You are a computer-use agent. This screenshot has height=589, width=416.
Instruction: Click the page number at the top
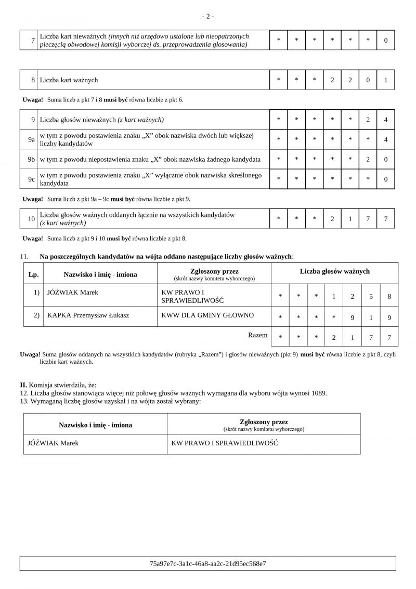(207, 16)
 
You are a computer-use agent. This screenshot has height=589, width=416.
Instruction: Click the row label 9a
(31, 139)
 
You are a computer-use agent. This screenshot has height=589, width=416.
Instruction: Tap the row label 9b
(31, 159)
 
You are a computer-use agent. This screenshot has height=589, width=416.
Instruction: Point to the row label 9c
(31, 179)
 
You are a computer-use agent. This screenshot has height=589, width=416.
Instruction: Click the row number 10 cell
(31, 219)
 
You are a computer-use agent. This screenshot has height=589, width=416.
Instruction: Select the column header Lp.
(34, 274)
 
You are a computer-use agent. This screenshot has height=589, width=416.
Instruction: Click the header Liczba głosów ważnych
(334, 271)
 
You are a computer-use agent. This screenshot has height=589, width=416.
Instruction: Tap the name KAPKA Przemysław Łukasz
(88, 315)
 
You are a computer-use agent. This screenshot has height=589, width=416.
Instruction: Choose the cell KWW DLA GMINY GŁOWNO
(207, 315)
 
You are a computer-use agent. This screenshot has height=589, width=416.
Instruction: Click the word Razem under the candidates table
(258, 335)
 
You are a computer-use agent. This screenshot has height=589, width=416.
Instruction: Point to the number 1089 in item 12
(320, 393)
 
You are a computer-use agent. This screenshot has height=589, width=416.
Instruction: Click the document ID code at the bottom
(207, 564)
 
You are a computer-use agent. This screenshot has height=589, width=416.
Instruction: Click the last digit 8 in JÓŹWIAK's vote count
(388, 297)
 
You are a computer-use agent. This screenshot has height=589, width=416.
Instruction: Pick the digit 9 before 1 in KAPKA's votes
(352, 317)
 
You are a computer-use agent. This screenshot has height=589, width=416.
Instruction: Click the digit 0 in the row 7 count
(385, 40)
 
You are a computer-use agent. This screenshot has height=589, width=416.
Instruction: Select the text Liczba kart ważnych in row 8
(69, 80)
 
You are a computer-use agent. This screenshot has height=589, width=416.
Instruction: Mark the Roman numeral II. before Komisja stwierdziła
(23, 384)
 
